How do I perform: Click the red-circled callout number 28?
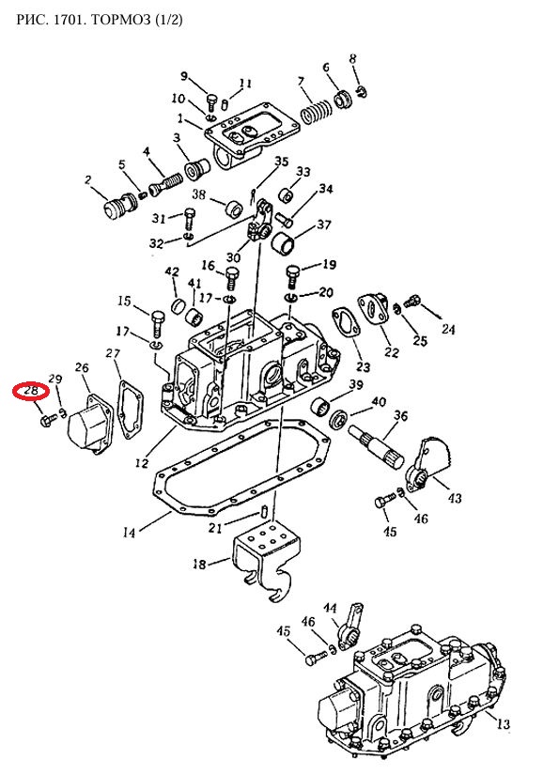(x=31, y=391)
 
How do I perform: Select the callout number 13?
(x=503, y=724)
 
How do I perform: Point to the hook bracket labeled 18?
(x=268, y=560)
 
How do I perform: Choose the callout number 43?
(x=454, y=498)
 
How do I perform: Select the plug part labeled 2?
(x=121, y=205)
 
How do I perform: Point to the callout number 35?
(x=281, y=162)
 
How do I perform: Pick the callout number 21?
(x=215, y=528)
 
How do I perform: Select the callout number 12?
(x=141, y=463)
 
